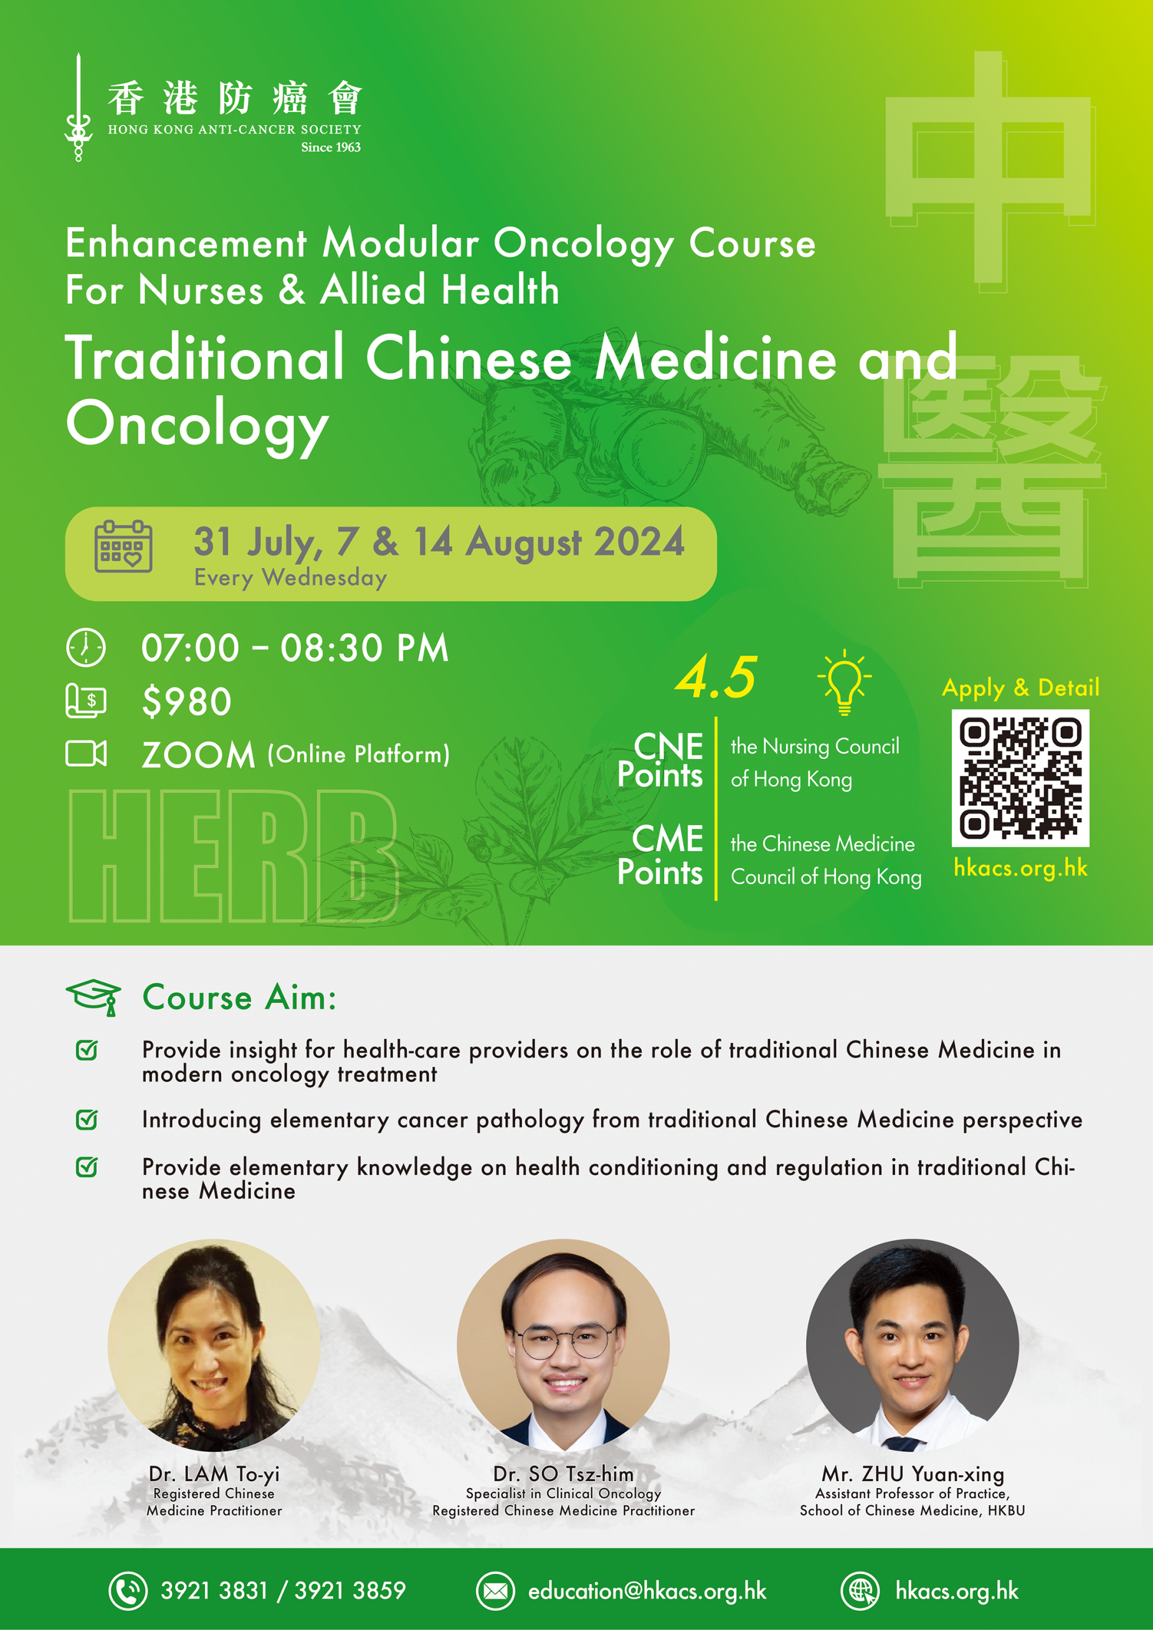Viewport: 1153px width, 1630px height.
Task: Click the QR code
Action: [x=1020, y=777]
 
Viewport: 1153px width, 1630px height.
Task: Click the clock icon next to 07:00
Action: [x=86, y=647]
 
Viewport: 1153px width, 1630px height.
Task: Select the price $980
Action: [x=187, y=702]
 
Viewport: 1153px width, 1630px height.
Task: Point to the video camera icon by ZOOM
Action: [x=86, y=753]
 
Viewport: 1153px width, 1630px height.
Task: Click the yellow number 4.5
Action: [x=716, y=677]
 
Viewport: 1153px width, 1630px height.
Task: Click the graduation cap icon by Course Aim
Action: [x=94, y=996]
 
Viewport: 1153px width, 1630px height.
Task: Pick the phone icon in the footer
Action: [x=128, y=1591]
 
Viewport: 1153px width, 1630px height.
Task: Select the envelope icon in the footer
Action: [x=495, y=1591]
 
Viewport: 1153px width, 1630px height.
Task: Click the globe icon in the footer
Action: [x=861, y=1591]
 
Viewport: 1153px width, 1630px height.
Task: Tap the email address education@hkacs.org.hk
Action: [x=647, y=1591]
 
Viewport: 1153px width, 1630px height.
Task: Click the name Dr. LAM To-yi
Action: [x=214, y=1474]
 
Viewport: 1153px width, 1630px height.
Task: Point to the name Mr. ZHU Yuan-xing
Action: [x=912, y=1474]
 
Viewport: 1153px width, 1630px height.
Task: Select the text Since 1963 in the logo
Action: [x=331, y=147]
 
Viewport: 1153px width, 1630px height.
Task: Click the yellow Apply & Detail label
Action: [x=1020, y=687]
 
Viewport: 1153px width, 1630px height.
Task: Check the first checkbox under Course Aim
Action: [x=87, y=1049]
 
